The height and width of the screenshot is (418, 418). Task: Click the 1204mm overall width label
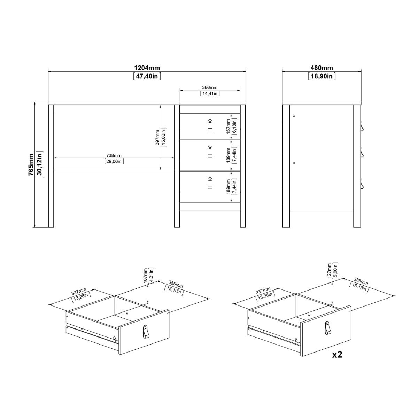coord(147,68)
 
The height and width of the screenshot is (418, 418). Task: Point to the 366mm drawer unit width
coord(210,87)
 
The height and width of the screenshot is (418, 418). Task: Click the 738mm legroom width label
coord(114,155)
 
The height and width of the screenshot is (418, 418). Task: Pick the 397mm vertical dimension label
coord(158,137)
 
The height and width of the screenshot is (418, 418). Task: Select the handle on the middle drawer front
coord(210,152)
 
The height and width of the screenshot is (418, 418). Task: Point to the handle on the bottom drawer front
coord(210,184)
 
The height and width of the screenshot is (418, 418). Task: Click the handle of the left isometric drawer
coord(146,332)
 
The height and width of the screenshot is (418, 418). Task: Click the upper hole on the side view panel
coord(294,115)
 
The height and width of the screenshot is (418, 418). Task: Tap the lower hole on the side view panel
coord(294,162)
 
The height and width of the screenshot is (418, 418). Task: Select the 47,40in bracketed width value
coord(147,76)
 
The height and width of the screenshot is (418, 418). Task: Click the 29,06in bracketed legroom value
coord(114,161)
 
